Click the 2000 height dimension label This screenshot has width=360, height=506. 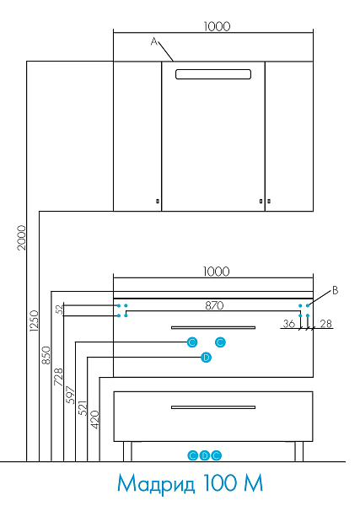[x=21, y=238]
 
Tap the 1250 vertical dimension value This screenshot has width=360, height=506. [x=34, y=320]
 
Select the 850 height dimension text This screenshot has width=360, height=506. [x=46, y=355]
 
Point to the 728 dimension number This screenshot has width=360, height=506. [x=58, y=377]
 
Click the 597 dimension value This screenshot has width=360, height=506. [x=70, y=395]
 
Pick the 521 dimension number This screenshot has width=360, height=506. [x=83, y=408]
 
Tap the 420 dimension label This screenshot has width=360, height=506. [x=94, y=419]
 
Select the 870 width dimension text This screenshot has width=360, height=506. [x=214, y=305]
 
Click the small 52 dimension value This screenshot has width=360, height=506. [x=59, y=310]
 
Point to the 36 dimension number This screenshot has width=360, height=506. [x=289, y=323]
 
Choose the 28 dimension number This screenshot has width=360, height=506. [x=325, y=323]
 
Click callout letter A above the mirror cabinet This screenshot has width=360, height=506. [x=154, y=41]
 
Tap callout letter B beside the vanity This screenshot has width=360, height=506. [x=336, y=290]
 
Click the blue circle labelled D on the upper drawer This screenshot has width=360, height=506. [x=206, y=358]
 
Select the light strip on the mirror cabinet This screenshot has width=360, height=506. [x=213, y=74]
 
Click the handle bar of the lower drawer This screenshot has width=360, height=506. [x=213, y=407]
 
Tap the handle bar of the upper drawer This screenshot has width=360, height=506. [x=213, y=327]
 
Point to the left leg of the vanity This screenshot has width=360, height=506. [x=127, y=451]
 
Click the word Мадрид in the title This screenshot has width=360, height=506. [x=156, y=483]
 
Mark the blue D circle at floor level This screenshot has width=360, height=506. [x=205, y=455]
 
